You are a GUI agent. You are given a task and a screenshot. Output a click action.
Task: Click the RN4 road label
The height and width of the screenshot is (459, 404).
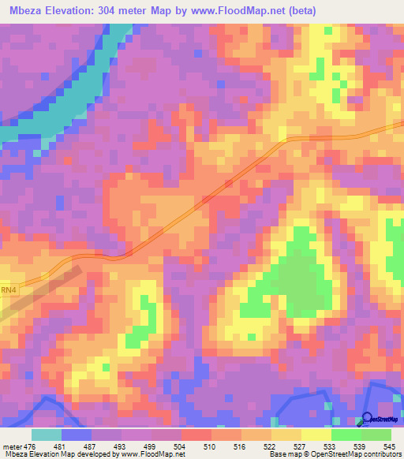tap(8, 292)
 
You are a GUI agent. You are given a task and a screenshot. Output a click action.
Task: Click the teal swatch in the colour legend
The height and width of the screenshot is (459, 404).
tap(47, 434)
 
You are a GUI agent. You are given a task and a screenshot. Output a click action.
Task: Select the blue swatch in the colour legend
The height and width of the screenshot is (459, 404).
tap(77, 434)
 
